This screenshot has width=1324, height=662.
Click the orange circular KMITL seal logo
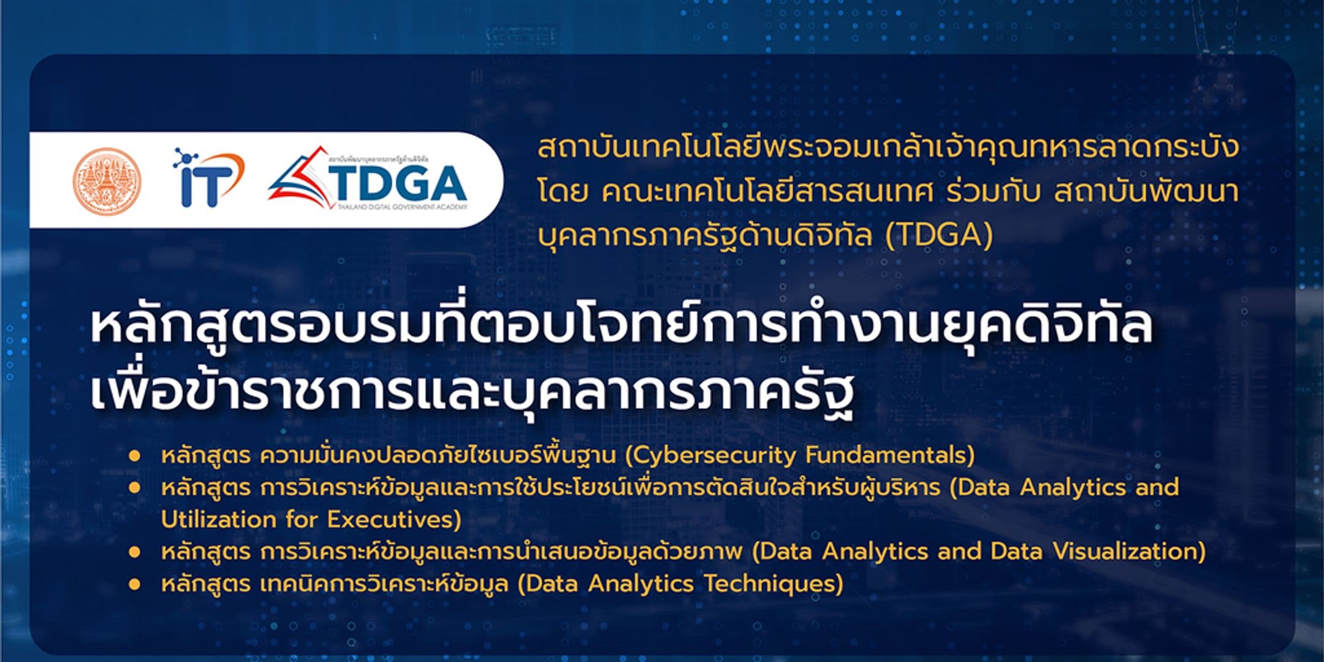pyautogui.click(x=106, y=180)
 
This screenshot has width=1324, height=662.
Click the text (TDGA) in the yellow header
pyautogui.click(x=938, y=235)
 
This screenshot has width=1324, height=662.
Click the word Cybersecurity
pyautogui.click(x=714, y=455)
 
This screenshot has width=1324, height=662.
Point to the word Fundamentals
pyautogui.click(x=889, y=455)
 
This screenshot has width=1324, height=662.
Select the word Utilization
pyautogui.click(x=218, y=520)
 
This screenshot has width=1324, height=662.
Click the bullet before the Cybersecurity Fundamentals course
pyautogui.click(x=134, y=456)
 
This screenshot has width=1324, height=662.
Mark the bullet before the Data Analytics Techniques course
pyautogui.click(x=134, y=584)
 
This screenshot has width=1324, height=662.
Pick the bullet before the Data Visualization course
pyautogui.click(x=134, y=552)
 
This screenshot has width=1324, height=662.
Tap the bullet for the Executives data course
pyautogui.click(x=134, y=489)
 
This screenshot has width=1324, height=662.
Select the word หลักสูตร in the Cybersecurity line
pyautogui.click(x=206, y=456)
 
